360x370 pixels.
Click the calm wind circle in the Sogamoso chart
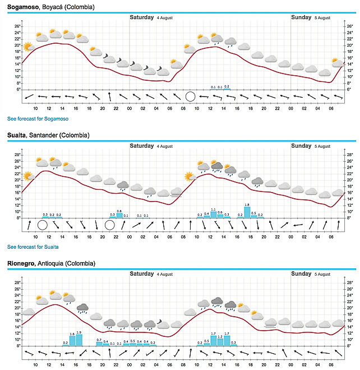[x=190, y=96]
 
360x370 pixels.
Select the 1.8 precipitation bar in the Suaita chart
[x=247, y=212]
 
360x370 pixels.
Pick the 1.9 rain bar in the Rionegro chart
[x=79, y=340]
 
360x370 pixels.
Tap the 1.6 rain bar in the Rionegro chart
[x=72, y=340]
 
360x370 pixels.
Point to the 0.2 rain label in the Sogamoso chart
[x=227, y=87]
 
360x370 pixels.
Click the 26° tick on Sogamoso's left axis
[x=17, y=26]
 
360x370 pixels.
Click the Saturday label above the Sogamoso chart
[x=142, y=17]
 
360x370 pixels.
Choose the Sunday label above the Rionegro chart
[x=301, y=274]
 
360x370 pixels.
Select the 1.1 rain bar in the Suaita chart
[x=213, y=214]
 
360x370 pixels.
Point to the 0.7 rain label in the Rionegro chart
[x=99, y=340]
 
